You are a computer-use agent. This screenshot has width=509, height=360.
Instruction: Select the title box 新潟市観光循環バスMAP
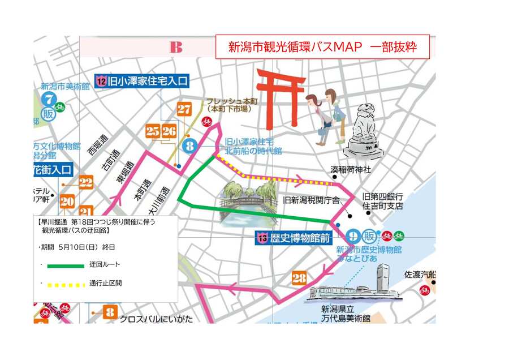coord(322,47)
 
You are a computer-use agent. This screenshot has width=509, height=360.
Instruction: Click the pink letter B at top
coord(176,47)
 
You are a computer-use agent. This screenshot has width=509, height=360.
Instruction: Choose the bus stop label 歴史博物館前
coord(294,238)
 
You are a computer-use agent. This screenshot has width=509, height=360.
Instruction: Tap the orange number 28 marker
coord(299,278)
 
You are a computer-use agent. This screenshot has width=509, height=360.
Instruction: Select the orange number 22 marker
coord(86,182)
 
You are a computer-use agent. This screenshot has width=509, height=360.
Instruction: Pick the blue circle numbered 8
coord(190,146)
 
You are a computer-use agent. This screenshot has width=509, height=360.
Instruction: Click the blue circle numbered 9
coord(353,237)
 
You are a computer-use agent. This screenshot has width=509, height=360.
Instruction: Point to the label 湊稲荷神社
coord(351,170)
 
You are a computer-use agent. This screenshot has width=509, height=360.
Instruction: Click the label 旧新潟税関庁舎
coord(311,200)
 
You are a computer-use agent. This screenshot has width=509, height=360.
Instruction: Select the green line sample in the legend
coord(66,265)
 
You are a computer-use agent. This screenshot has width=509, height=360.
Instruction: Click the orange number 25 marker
coord(153,131)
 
